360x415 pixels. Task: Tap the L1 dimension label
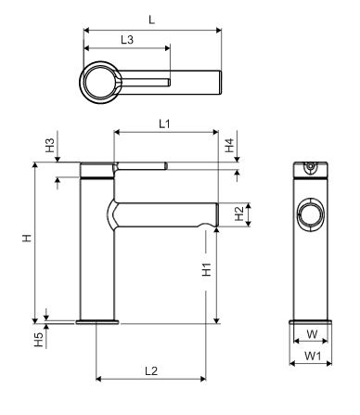(163, 123)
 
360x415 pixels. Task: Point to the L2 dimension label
(151, 370)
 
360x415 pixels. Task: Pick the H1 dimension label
(208, 270)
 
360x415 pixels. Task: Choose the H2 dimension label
(238, 214)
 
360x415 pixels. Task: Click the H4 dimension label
(228, 146)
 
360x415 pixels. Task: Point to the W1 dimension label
(312, 356)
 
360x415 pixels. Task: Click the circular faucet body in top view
(101, 84)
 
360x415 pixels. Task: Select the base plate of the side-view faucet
(97, 323)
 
